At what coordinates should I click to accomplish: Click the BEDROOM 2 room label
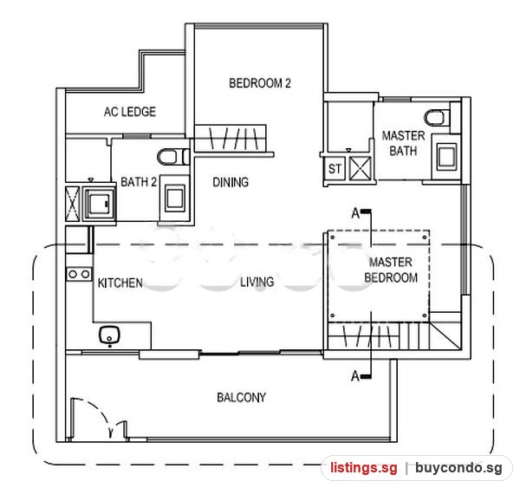[x=260, y=83]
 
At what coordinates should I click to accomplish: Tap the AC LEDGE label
[x=130, y=112]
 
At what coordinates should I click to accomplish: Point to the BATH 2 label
[x=139, y=182]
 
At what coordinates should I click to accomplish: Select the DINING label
[x=231, y=182]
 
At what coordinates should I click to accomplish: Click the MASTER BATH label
[x=403, y=143]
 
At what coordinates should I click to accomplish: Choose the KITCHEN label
[x=120, y=283]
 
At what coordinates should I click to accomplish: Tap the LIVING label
[x=257, y=282]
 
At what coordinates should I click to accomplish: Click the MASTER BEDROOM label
[x=391, y=270]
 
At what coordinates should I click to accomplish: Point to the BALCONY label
[x=241, y=398]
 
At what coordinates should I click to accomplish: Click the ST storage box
[x=335, y=168]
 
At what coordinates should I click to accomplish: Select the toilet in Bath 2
[x=172, y=157]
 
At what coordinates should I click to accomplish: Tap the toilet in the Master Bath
[x=437, y=118]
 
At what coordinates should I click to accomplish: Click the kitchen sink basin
[x=109, y=335]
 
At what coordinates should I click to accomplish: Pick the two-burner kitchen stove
[x=79, y=275]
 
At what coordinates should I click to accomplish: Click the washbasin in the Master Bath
[x=446, y=156]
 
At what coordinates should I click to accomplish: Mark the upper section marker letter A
[x=355, y=214]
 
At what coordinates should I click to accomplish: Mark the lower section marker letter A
[x=355, y=376]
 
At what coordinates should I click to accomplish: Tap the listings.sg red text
[x=363, y=468]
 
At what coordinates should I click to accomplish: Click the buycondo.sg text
[x=458, y=468]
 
